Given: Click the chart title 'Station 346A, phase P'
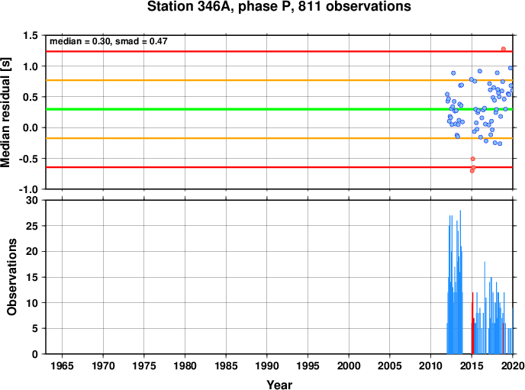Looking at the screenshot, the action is tap(221, 6).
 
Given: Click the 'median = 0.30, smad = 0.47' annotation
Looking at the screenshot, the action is tap(108, 41).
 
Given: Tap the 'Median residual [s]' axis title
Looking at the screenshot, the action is tap(5, 112).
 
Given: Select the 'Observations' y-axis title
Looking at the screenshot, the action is tap(11, 277).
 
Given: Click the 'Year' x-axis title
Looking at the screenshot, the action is tap(279, 385).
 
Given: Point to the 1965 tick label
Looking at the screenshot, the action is tap(62, 366).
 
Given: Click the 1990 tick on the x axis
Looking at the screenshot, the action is tap(267, 366).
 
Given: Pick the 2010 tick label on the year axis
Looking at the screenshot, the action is tap(430, 366).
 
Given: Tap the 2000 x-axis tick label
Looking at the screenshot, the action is tap(349, 366).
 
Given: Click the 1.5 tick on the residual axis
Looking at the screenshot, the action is tap(31, 35).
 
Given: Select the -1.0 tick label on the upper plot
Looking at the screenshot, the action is tap(28, 189).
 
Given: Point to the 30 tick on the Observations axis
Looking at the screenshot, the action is tap(32, 200).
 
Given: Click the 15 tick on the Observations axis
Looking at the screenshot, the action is tap(32, 277).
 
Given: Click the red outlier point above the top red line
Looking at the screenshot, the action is tap(503, 49).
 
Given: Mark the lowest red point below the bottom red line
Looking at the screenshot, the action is tap(472, 171).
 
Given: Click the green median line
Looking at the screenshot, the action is tap(279, 109).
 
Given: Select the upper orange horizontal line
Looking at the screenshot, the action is tap(279, 80).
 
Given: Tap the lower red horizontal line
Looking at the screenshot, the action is tap(279, 167).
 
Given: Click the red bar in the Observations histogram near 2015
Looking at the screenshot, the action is tap(472, 323).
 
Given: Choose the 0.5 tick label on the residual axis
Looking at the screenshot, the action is tap(31, 97).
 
